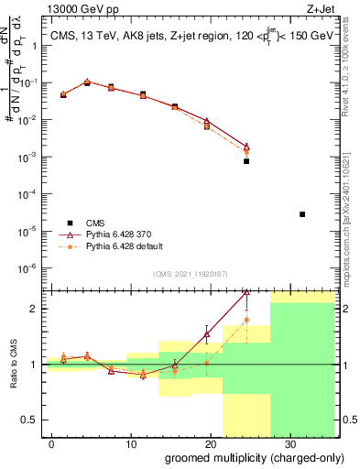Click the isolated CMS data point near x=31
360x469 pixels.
[x=302, y=214]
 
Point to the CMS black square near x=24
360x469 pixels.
[x=246, y=161]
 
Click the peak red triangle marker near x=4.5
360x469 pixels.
[x=87, y=82]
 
